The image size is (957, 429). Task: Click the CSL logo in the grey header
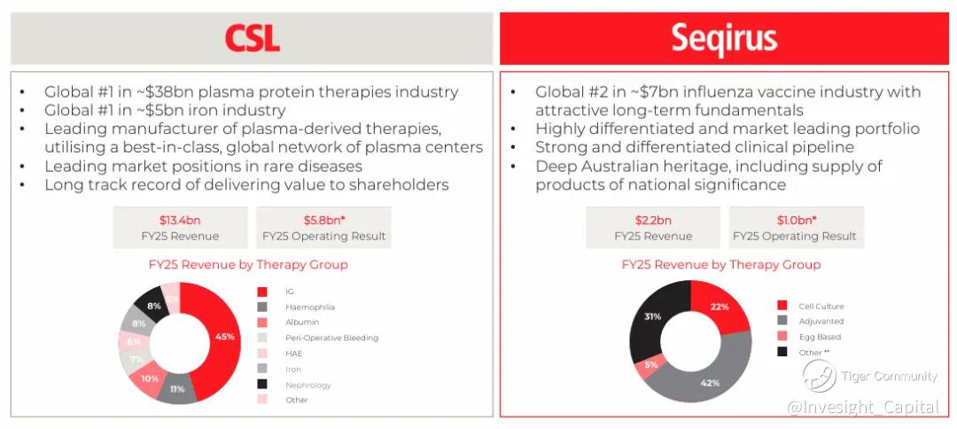(252, 38)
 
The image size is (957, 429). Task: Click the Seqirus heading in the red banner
(724, 38)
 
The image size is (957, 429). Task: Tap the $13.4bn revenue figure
(180, 221)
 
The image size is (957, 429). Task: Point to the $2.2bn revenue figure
(652, 221)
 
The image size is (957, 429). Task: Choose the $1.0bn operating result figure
(797, 221)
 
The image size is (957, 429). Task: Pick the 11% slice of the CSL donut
(177, 389)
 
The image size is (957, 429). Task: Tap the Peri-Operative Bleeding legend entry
(317, 338)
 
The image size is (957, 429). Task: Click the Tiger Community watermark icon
(819, 375)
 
